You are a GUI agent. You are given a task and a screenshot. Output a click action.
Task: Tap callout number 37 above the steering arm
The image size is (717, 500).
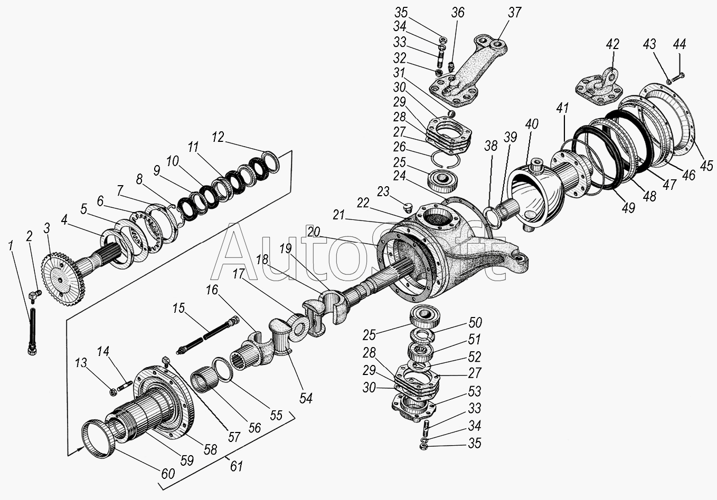514,13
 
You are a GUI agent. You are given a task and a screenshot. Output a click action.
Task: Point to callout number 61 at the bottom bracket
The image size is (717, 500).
236,466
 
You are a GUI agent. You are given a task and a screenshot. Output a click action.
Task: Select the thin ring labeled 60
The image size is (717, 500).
96,438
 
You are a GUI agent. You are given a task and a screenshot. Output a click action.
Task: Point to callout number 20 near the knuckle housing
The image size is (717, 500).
314,232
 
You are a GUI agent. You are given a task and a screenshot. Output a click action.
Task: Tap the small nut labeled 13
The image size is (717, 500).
112,392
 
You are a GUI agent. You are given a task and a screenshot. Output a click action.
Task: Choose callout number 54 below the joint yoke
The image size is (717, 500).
306,398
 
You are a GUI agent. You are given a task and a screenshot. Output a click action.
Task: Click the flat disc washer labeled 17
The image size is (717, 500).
299,329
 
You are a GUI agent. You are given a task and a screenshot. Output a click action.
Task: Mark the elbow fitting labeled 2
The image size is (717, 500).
34,296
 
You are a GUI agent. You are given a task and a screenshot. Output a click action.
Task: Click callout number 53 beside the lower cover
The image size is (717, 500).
474,391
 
